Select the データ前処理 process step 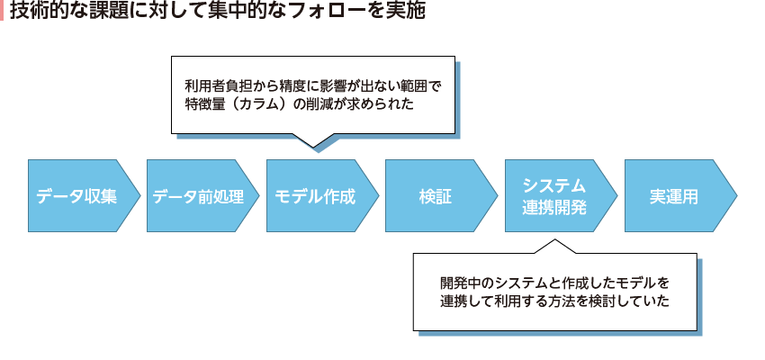[x=197, y=196]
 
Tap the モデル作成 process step [x=316, y=196]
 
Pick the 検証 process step [x=436, y=196]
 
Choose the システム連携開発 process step [x=554, y=196]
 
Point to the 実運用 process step [x=674, y=196]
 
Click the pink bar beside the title [x=3, y=13]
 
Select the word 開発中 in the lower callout [x=461, y=282]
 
